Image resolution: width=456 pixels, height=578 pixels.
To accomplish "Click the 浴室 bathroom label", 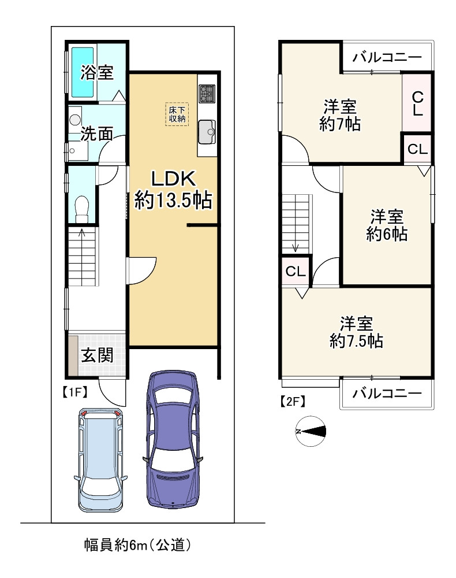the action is pos(97,72).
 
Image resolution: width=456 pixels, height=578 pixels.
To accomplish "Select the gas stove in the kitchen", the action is pos(207,94).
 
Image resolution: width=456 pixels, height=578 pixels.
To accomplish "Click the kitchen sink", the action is pos(207,132).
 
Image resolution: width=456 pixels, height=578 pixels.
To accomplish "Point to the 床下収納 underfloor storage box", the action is pos(177,114).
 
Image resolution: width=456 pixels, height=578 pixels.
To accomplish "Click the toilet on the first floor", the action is pos(82,209).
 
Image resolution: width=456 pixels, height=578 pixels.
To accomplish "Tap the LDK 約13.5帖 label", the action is pos(173,190).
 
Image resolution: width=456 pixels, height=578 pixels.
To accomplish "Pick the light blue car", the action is pos(100,460).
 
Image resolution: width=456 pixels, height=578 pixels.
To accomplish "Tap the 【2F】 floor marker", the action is pos(293,401).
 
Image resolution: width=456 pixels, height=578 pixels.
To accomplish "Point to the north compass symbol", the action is pos(311,431).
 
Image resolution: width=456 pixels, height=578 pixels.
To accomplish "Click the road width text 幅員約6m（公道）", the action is pos(138,544).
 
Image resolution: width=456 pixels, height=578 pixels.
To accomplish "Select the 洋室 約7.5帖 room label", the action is pos(356,332).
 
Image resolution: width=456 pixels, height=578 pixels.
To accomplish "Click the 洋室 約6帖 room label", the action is pos(387,225).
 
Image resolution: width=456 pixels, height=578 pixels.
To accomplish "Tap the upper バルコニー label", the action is pos(387,57).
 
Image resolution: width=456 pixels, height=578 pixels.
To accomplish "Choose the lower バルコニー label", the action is pos(387,393).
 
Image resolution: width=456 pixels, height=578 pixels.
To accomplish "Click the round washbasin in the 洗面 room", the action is pos(75,119).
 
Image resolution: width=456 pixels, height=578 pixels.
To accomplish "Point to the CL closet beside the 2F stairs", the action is pos(296,271).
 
